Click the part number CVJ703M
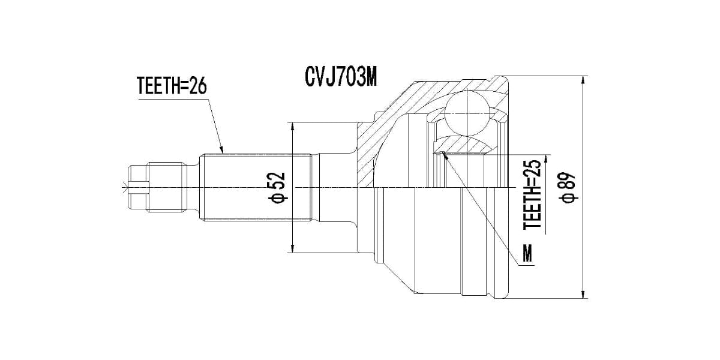click(340, 77)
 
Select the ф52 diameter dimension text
click(277, 188)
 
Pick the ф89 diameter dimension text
click(566, 188)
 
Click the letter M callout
click(528, 254)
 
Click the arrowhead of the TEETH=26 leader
click(223, 152)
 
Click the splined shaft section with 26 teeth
click(256, 188)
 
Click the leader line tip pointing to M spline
click(443, 154)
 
